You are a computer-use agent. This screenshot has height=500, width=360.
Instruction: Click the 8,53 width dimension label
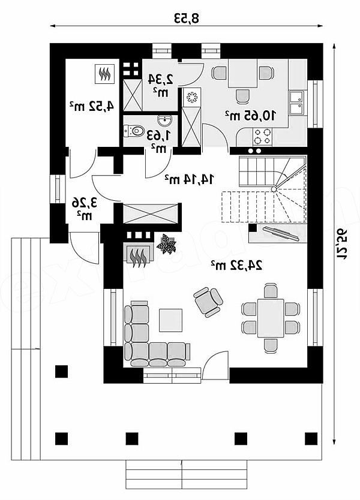(x=187, y=18)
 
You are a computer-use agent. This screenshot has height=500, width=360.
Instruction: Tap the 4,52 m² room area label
(x=92, y=106)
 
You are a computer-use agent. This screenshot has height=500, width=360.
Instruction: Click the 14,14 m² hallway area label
(x=189, y=179)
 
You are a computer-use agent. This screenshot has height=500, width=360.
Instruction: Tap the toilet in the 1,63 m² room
(x=134, y=131)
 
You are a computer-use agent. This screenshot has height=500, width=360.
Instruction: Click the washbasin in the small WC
(x=164, y=121)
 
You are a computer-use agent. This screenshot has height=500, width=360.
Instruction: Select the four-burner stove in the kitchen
(x=262, y=137)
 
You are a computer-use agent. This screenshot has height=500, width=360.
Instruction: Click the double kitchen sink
(x=298, y=103)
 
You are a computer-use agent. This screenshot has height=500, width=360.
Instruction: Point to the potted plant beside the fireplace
(x=166, y=244)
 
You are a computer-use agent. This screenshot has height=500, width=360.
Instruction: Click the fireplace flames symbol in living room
(x=138, y=257)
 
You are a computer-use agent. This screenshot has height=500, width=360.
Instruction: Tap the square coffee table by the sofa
(x=171, y=320)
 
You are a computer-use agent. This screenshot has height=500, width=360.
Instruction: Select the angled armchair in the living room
(x=208, y=302)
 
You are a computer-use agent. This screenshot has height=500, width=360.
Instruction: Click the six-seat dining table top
(x=271, y=318)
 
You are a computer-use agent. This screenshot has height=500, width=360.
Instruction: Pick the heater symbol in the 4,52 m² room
(x=104, y=74)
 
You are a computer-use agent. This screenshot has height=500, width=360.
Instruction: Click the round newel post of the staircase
(x=274, y=189)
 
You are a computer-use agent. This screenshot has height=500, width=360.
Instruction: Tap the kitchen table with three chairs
(x=243, y=73)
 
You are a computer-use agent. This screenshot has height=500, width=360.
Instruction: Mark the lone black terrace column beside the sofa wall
(x=61, y=372)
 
